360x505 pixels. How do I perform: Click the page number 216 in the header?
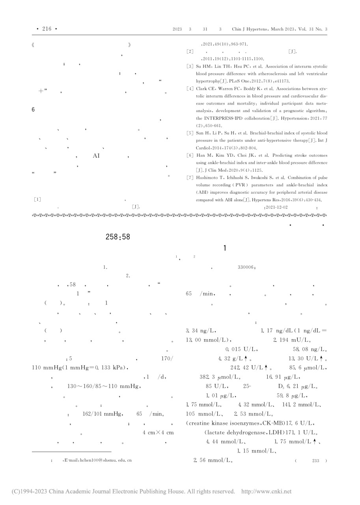click(47, 29)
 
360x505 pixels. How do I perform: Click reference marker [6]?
click(190, 156)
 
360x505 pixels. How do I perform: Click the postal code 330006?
click(246, 267)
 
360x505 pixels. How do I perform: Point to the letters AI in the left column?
click(96, 156)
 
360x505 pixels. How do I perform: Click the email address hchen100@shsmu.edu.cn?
click(97, 460)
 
